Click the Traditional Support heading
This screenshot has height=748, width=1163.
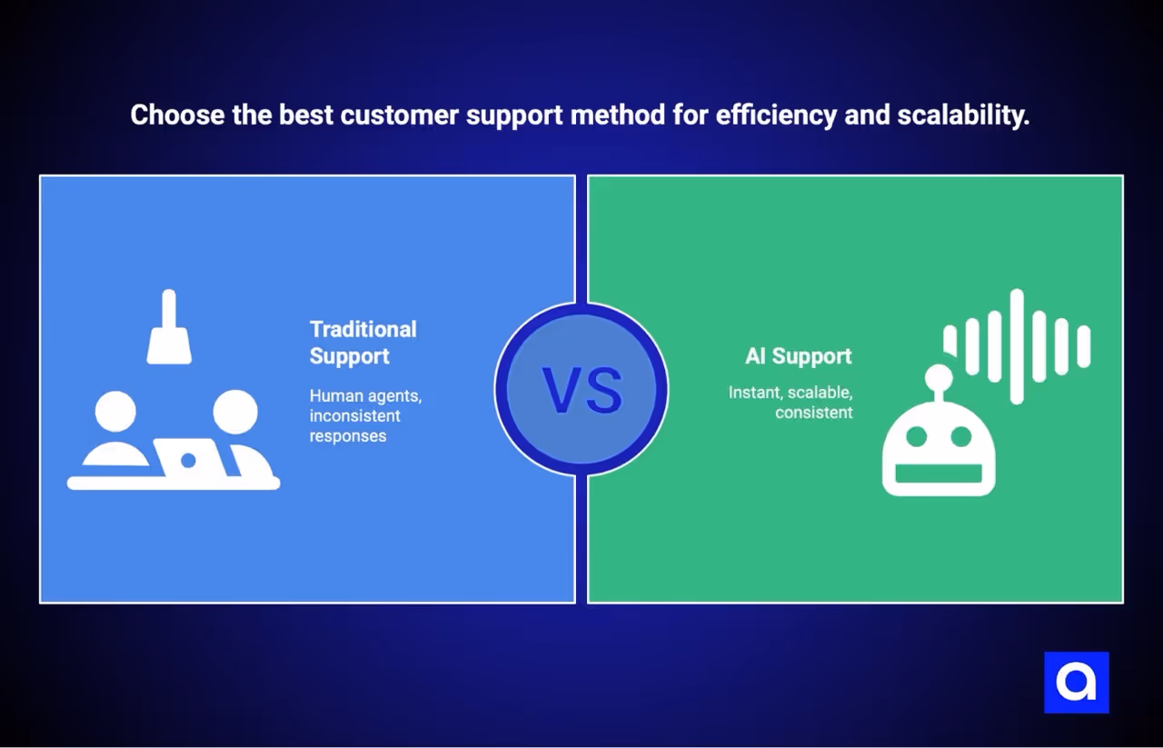coord(363,343)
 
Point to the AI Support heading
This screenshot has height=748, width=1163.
coord(798,356)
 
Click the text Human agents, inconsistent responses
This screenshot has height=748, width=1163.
coord(365,416)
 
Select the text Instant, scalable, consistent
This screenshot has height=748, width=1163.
coord(790,403)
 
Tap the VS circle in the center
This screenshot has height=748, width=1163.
coord(581,389)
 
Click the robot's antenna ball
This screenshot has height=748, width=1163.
coord(939,377)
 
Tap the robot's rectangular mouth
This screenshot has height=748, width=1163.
coord(939,474)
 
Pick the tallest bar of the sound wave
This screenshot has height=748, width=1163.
coord(1017,346)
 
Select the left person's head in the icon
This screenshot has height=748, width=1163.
coord(115,412)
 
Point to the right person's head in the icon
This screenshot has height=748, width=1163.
coord(235,412)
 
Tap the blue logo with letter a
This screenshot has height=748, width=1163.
coord(1077,683)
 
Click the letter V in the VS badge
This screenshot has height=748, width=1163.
coord(561,391)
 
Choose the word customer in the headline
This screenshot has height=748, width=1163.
coord(395,115)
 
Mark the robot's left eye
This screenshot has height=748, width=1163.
coord(916,437)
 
